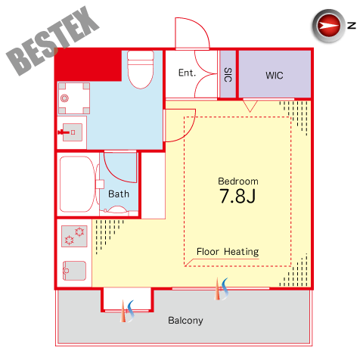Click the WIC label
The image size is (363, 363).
[x=275, y=76]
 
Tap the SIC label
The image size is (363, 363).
[x=228, y=75]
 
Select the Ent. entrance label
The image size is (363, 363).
[x=187, y=73]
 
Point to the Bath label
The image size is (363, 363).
[x=119, y=194]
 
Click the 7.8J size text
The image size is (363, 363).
[x=237, y=196]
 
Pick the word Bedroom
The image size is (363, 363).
[x=238, y=181]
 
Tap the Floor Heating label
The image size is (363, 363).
[x=228, y=252]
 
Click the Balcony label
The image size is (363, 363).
[x=185, y=321]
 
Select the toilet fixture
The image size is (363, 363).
[x=141, y=70]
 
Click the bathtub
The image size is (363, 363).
[x=76, y=185]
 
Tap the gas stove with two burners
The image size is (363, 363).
[x=74, y=236]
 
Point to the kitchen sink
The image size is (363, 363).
[x=74, y=271]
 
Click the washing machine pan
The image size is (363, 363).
[x=74, y=98]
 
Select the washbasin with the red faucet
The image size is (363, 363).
[x=72, y=132]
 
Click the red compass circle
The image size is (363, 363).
[x=328, y=26]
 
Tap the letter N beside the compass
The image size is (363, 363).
[x=352, y=26]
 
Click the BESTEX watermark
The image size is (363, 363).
[x=53, y=40]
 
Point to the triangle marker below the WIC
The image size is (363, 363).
[x=250, y=106]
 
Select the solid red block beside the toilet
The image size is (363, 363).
[x=88, y=65]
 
